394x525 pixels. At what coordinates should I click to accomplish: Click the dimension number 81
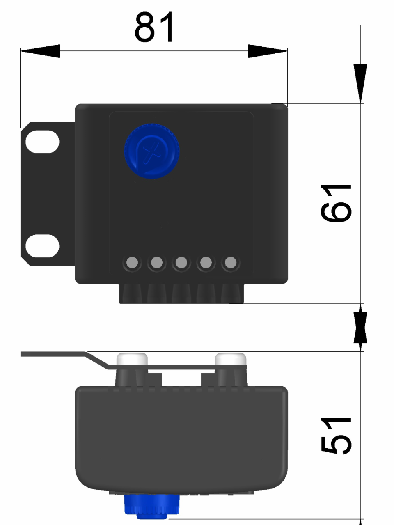point(155,28)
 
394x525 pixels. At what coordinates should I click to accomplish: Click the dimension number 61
point(336,203)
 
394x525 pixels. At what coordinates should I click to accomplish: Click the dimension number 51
point(336,436)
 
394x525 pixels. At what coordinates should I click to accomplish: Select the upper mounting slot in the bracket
point(42,142)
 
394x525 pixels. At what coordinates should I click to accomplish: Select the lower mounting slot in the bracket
point(42,246)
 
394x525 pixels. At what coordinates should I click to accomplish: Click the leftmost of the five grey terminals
point(133,262)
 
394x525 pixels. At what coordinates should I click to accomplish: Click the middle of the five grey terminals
point(181,262)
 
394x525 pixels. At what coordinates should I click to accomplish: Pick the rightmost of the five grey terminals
point(231,262)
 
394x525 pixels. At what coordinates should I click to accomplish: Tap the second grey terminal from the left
point(156,262)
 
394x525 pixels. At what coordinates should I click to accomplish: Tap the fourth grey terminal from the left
point(206,262)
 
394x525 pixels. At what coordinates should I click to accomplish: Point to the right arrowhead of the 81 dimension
point(268,51)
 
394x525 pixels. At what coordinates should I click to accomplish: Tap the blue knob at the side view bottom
point(152,505)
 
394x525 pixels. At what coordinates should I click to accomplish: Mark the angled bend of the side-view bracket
point(97,360)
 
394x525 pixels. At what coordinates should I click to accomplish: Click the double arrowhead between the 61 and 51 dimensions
point(360,327)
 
